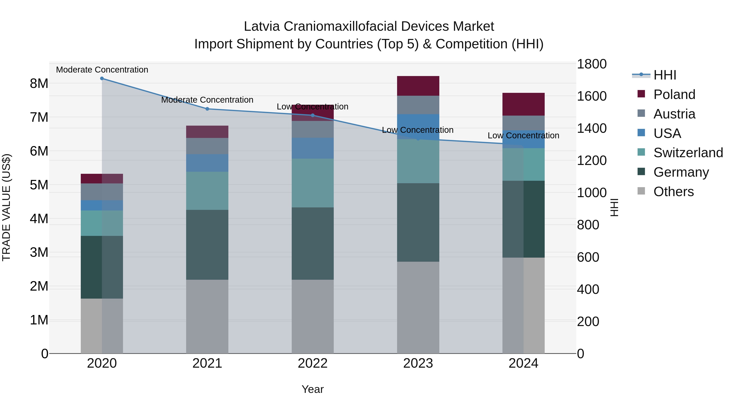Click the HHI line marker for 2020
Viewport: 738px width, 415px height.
click(102, 78)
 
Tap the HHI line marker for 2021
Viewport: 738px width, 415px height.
click(207, 109)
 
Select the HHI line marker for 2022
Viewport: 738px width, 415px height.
click(313, 115)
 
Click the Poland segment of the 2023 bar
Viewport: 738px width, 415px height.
click(418, 86)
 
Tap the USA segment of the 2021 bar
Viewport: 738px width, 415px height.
click(207, 163)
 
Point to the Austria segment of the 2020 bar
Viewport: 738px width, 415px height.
click(102, 192)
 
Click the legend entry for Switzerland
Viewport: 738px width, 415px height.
click(688, 153)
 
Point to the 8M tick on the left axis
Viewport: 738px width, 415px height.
click(39, 84)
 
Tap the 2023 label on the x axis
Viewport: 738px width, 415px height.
click(418, 363)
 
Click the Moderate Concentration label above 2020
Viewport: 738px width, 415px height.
click(102, 70)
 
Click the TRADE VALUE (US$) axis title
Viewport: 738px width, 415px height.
click(6, 207)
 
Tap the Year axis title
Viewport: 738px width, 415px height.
click(313, 389)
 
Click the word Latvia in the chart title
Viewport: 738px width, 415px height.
click(262, 26)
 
